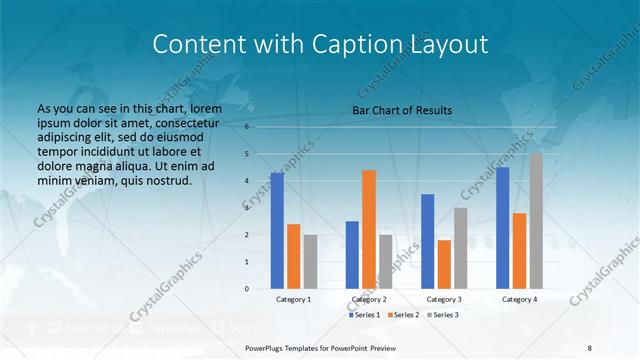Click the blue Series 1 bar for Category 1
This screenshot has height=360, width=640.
tap(277, 231)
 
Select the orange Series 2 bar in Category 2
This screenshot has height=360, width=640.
tap(369, 229)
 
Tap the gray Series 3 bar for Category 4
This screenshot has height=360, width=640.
tap(536, 221)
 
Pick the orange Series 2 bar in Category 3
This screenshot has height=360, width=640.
tap(444, 264)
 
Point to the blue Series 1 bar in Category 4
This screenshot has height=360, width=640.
tap(503, 228)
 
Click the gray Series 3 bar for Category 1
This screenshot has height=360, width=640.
tap(310, 262)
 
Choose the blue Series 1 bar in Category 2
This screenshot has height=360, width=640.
tap(352, 255)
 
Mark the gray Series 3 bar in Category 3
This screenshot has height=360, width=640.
tap(461, 248)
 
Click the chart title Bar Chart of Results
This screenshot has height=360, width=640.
tap(402, 110)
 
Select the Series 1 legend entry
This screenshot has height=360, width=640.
tap(366, 315)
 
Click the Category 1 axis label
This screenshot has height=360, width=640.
tap(293, 299)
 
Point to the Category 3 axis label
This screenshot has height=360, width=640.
tap(444, 299)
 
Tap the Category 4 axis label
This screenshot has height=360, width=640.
tap(519, 299)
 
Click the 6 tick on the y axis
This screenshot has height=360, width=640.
tap(246, 127)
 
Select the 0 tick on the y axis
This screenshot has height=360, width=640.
tap(246, 289)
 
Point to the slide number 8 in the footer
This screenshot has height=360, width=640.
tap(589, 347)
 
